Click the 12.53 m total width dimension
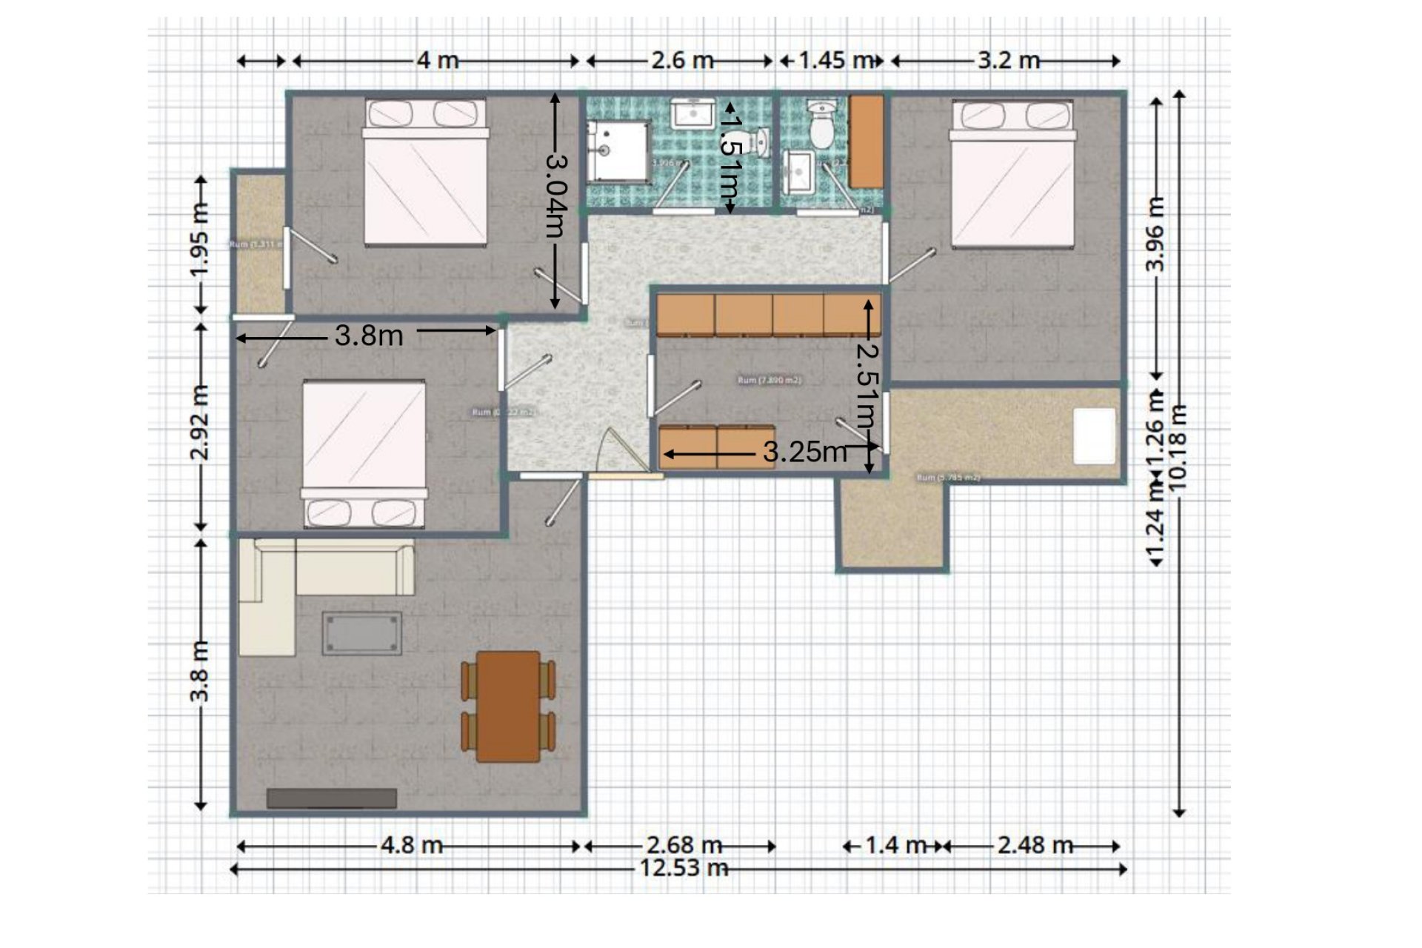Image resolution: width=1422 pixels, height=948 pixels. (x=683, y=867)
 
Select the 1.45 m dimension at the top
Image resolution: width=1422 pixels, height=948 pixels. (x=835, y=59)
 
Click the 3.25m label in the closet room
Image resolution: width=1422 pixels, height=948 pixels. (x=804, y=451)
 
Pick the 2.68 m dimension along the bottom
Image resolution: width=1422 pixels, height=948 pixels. (x=683, y=844)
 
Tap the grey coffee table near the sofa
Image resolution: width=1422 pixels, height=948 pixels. (x=361, y=633)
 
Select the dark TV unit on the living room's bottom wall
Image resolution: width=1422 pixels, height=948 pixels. (x=331, y=798)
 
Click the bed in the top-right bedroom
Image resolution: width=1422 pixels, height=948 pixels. (x=1012, y=175)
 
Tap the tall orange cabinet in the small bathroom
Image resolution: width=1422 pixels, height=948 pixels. (x=865, y=141)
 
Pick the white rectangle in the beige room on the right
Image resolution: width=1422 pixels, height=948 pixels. (x=1095, y=436)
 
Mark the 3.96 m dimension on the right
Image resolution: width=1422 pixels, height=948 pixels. (x=1156, y=234)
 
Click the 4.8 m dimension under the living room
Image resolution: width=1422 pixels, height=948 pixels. (x=412, y=844)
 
